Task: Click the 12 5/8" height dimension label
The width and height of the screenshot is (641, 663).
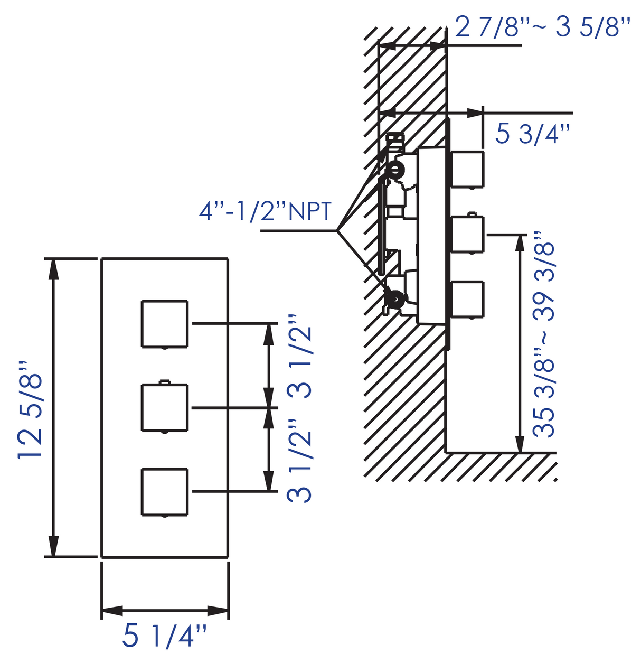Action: tap(30, 409)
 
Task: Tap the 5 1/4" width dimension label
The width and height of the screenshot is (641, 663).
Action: tap(164, 636)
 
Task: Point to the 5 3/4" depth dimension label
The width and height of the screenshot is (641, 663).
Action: tap(532, 134)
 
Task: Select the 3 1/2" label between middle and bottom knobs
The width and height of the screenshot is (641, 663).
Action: tap(300, 460)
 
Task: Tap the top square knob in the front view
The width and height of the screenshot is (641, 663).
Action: tap(164, 324)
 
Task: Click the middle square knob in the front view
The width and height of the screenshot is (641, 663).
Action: tap(164, 408)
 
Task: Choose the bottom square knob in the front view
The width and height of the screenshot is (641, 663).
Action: tap(164, 491)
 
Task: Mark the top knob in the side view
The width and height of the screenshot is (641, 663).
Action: tap(468, 169)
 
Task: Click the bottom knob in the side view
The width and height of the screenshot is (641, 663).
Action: tap(468, 300)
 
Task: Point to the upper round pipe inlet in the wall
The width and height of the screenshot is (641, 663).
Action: tap(395, 170)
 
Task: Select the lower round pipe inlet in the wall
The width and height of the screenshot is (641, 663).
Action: tap(394, 297)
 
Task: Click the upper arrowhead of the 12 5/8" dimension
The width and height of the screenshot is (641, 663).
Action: tap(53, 269)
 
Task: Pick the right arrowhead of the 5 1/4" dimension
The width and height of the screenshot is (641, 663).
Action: tap(218, 611)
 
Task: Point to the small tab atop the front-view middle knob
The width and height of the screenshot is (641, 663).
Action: tap(164, 381)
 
